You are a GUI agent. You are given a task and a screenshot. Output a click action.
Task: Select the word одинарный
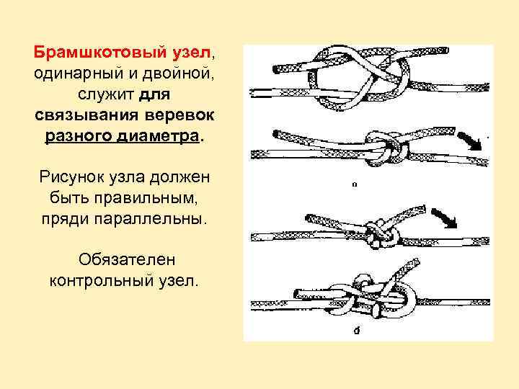tap(76, 73)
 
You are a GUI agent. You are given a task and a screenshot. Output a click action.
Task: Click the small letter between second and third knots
tap(353, 184)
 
